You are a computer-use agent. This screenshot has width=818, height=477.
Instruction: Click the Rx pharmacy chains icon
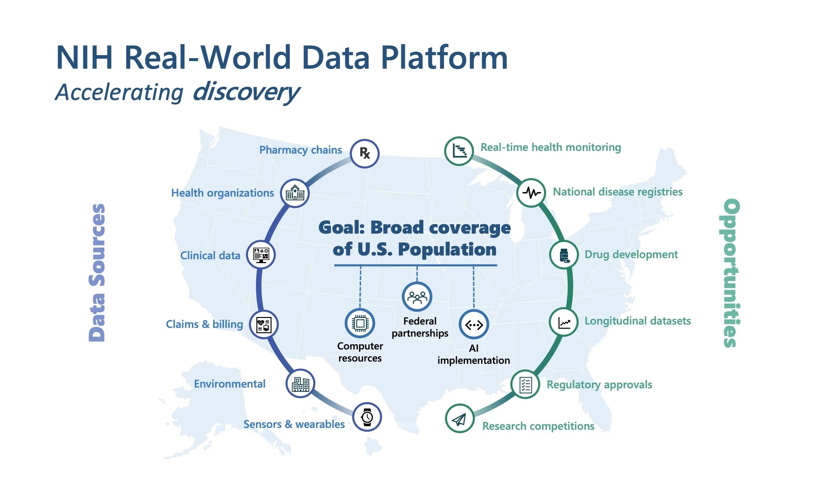coord(364,153)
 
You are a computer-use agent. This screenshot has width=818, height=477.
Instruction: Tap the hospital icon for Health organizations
coord(295,193)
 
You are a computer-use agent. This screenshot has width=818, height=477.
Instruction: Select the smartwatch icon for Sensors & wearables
coord(367,417)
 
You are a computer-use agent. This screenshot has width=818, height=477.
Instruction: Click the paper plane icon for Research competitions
coord(460,419)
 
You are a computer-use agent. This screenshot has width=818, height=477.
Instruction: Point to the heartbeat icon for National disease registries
coord(531,193)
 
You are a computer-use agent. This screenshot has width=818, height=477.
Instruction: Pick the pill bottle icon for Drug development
coord(564,255)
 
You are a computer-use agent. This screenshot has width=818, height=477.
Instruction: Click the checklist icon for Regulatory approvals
coord(525,385)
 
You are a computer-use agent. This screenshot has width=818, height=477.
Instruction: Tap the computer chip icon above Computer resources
coord(360,323)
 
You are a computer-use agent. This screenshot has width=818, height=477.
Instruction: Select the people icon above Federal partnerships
coord(417,297)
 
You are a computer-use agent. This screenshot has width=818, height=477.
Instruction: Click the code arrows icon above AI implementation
coord(474,325)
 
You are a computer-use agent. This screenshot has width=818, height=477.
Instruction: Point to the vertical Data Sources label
coord(97,272)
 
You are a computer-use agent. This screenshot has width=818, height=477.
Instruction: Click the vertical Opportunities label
coord(731,272)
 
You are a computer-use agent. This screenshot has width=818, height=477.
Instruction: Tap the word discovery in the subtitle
coord(246,92)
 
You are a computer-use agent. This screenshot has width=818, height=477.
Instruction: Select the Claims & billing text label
coord(204,324)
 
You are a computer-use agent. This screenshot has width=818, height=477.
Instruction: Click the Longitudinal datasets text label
coord(637,321)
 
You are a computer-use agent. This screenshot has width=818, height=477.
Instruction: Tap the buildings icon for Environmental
coord(300,384)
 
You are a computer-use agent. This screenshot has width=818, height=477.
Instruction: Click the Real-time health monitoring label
coord(551,147)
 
